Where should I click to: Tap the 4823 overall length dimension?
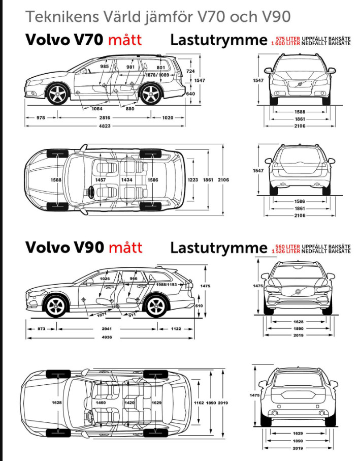[104, 126]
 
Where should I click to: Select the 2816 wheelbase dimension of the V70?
[104, 117]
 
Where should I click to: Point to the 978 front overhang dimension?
[41, 117]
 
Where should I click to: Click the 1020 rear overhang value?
[168, 117]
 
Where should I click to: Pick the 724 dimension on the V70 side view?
[190, 71]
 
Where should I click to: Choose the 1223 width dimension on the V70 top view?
[192, 180]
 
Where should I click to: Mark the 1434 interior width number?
[126, 180]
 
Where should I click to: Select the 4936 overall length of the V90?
[107, 337]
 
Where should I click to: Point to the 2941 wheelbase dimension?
[107, 329]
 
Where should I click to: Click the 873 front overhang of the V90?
[42, 329]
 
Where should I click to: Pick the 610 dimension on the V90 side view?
[199, 305]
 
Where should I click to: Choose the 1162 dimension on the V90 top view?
[199, 403]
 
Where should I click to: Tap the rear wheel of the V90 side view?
[156, 305]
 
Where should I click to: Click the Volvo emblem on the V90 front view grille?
[298, 292]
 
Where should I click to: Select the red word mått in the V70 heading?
[125, 40]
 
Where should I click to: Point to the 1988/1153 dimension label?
[166, 285]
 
